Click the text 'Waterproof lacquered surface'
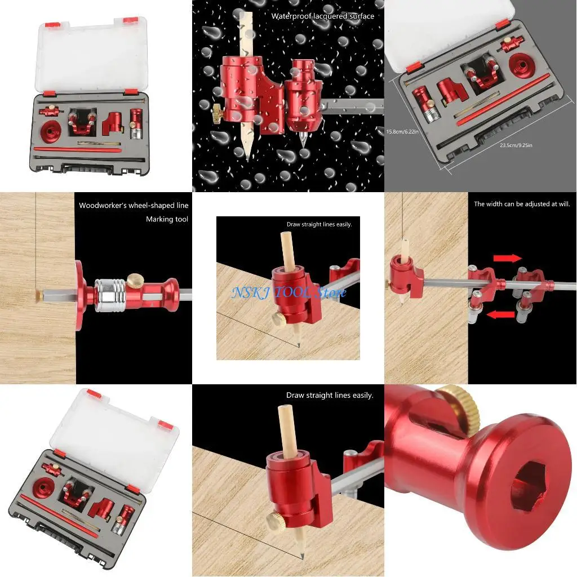[x=322, y=16]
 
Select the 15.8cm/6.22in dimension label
[x=402, y=131]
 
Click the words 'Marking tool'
[x=167, y=219]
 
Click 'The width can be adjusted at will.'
[x=522, y=205]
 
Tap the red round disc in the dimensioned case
[x=522, y=66]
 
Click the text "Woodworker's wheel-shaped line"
[x=134, y=206]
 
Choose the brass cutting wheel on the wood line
[x=39, y=295]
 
